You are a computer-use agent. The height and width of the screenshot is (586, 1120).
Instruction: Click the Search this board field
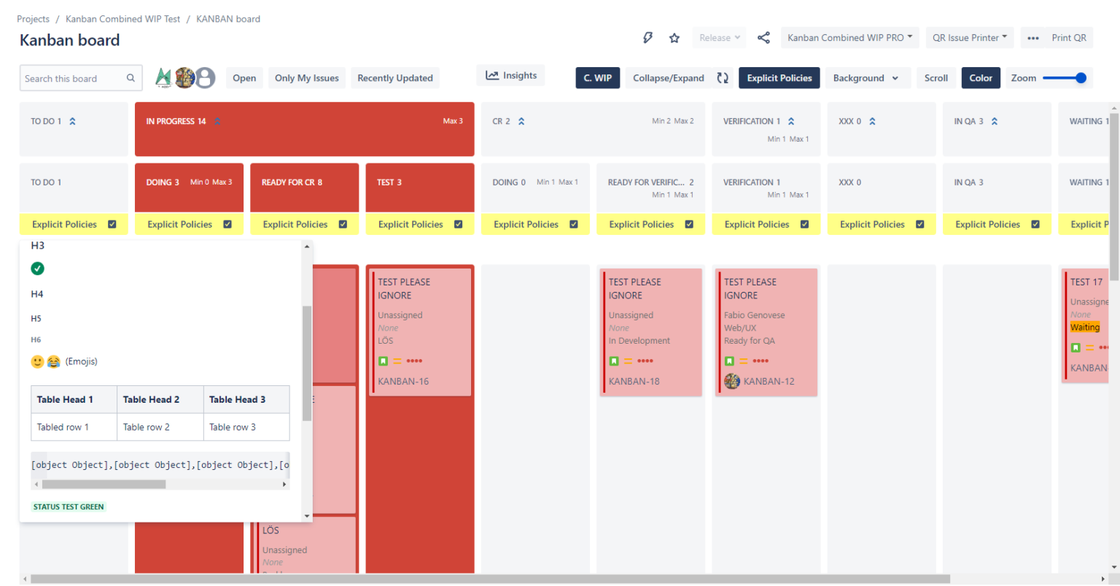click(73, 79)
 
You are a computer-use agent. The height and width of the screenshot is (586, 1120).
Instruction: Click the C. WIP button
click(597, 78)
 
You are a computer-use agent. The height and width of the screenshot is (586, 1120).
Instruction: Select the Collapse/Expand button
click(668, 78)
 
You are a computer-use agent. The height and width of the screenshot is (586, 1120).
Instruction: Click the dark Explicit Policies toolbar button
click(779, 78)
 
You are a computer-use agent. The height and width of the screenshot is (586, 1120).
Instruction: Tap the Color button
click(980, 78)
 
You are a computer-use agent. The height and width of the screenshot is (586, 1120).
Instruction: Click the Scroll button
click(936, 78)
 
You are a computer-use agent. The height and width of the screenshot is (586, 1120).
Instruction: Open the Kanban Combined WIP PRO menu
click(849, 38)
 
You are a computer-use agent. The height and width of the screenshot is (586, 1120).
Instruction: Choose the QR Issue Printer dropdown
click(969, 38)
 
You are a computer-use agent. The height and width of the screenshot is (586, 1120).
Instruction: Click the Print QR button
click(1068, 38)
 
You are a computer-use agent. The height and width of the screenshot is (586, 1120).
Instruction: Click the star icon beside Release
click(674, 38)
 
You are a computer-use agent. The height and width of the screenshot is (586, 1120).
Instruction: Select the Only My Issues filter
click(306, 78)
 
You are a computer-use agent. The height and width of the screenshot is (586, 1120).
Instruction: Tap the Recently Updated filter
click(394, 78)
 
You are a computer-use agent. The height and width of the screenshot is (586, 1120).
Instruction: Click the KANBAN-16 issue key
click(403, 382)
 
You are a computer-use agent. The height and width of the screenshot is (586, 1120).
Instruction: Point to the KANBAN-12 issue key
click(769, 382)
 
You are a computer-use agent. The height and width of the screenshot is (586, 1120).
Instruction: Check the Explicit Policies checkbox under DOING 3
click(227, 225)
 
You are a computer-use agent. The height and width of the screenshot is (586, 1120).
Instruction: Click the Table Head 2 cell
click(151, 400)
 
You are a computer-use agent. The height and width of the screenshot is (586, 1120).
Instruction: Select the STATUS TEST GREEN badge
click(69, 507)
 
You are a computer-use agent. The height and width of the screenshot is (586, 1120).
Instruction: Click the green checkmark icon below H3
click(38, 269)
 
